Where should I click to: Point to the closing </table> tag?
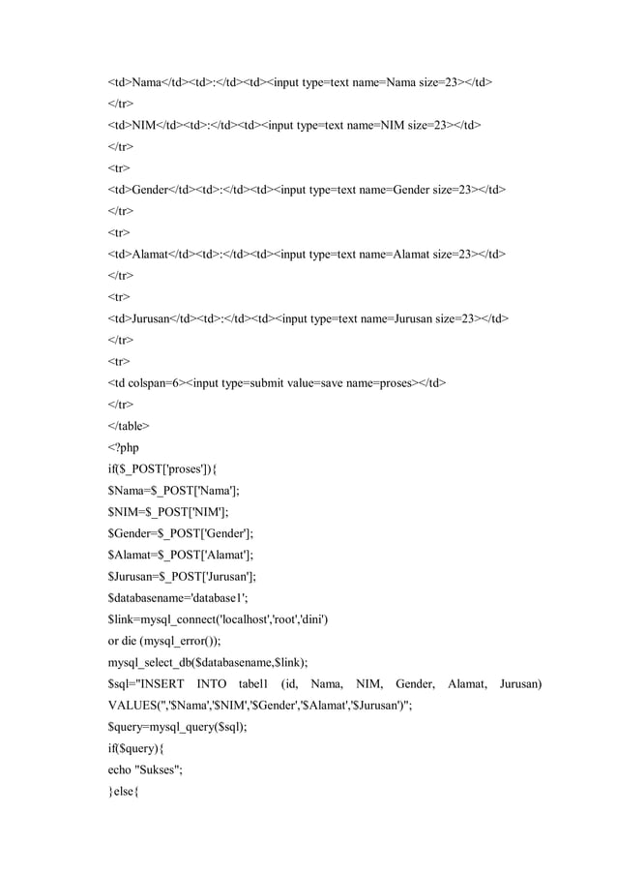[129, 424]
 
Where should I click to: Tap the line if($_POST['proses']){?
[168, 467]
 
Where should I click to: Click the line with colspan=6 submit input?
[276, 381]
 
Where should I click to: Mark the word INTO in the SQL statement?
[212, 684]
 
